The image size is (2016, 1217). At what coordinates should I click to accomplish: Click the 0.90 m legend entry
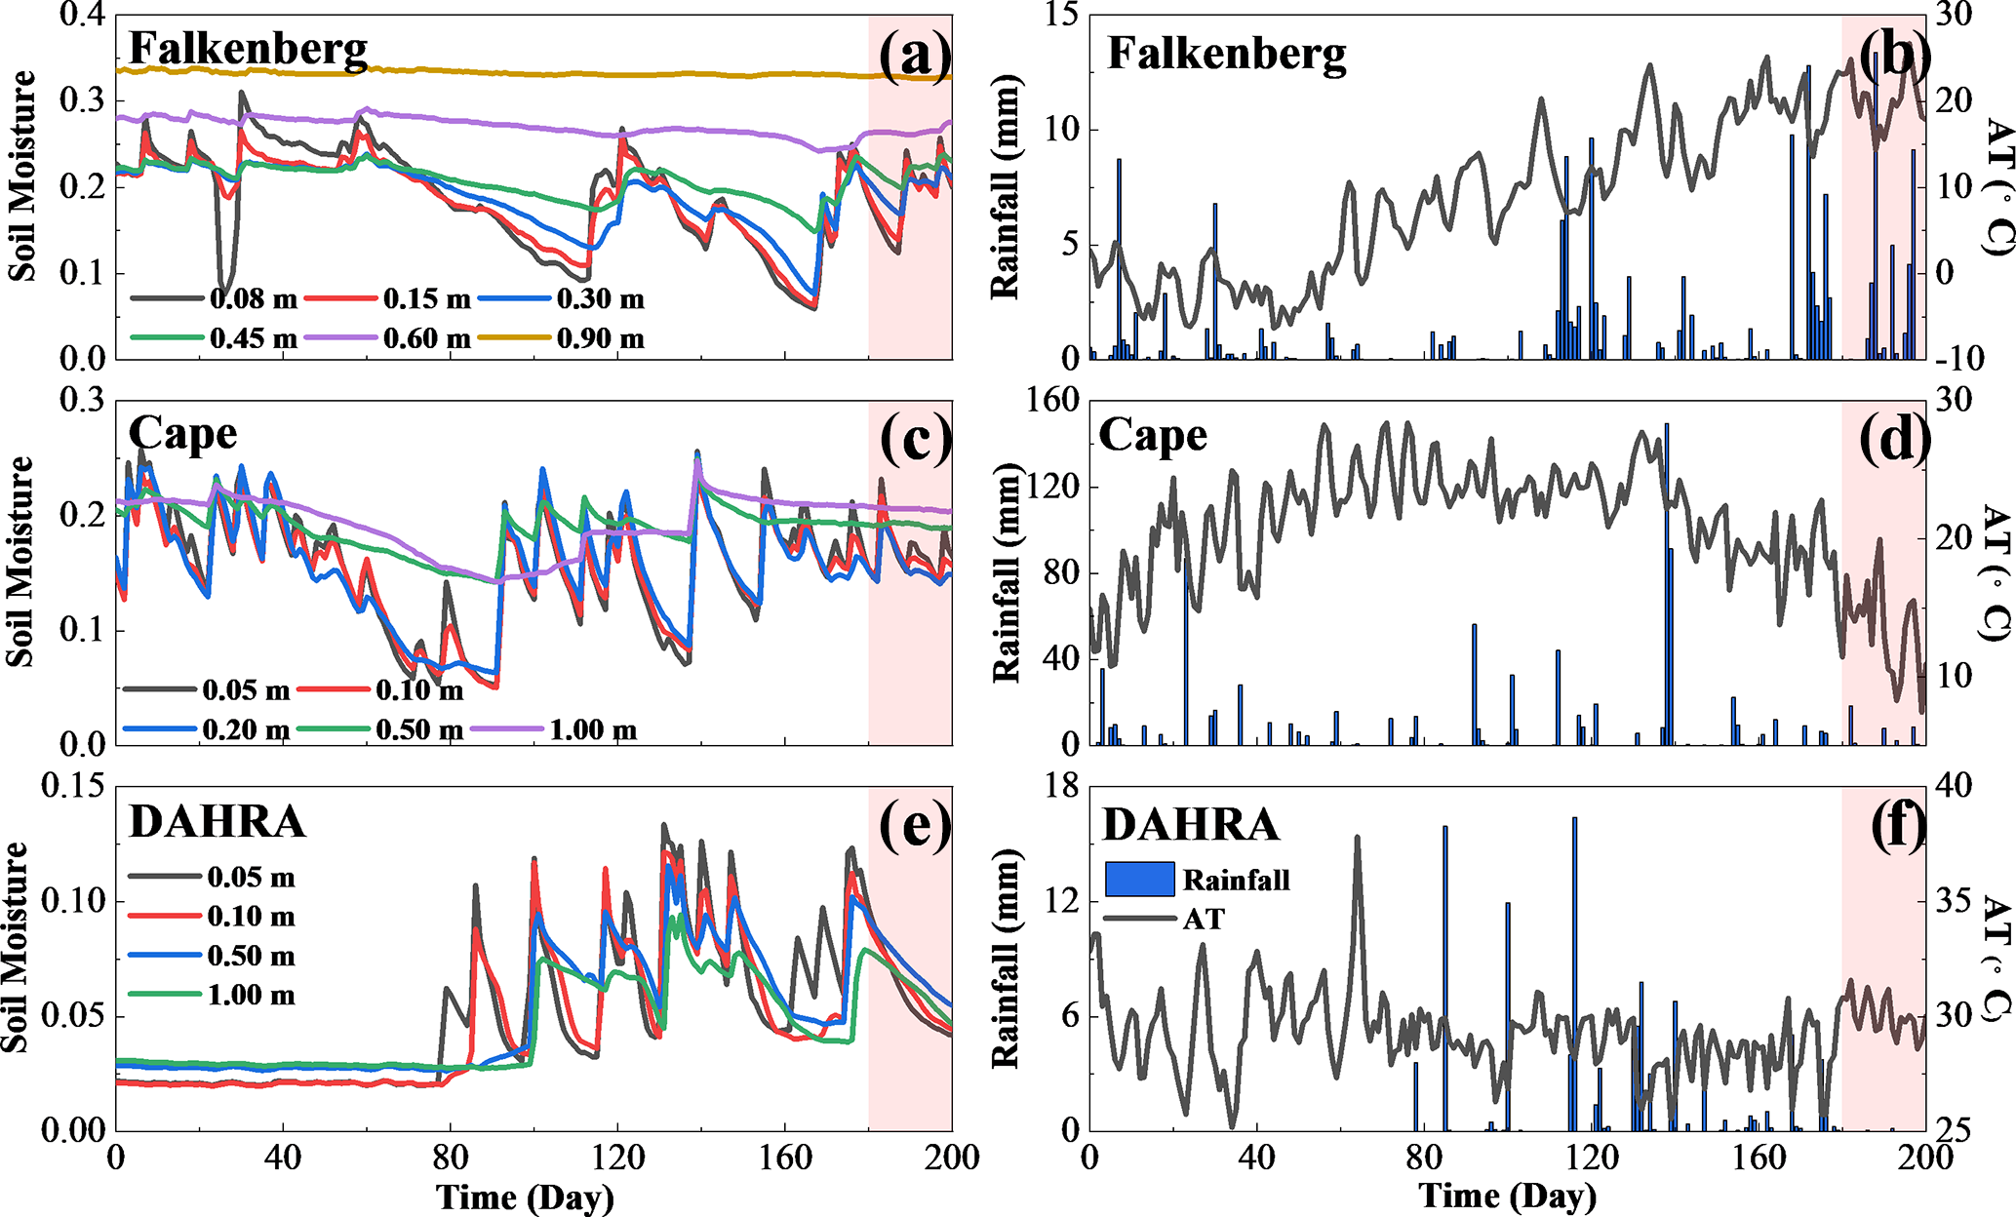click(600, 338)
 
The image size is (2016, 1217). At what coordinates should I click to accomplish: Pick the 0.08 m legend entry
click(253, 299)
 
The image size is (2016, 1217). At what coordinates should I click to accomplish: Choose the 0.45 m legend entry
click(253, 338)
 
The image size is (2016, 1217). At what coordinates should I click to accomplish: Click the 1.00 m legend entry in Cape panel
click(593, 729)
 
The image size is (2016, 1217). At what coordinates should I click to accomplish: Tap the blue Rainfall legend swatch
click(1139, 879)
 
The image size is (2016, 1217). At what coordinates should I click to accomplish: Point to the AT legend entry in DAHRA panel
click(1203, 919)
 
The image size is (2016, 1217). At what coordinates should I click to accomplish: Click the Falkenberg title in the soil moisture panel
click(248, 49)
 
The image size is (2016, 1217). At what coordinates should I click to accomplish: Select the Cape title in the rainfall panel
click(1153, 435)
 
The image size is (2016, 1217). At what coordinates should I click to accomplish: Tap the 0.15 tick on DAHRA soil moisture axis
click(72, 786)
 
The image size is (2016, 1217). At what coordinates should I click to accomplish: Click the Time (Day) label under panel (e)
click(525, 1197)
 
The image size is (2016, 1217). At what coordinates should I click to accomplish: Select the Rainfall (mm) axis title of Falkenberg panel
click(1005, 187)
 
